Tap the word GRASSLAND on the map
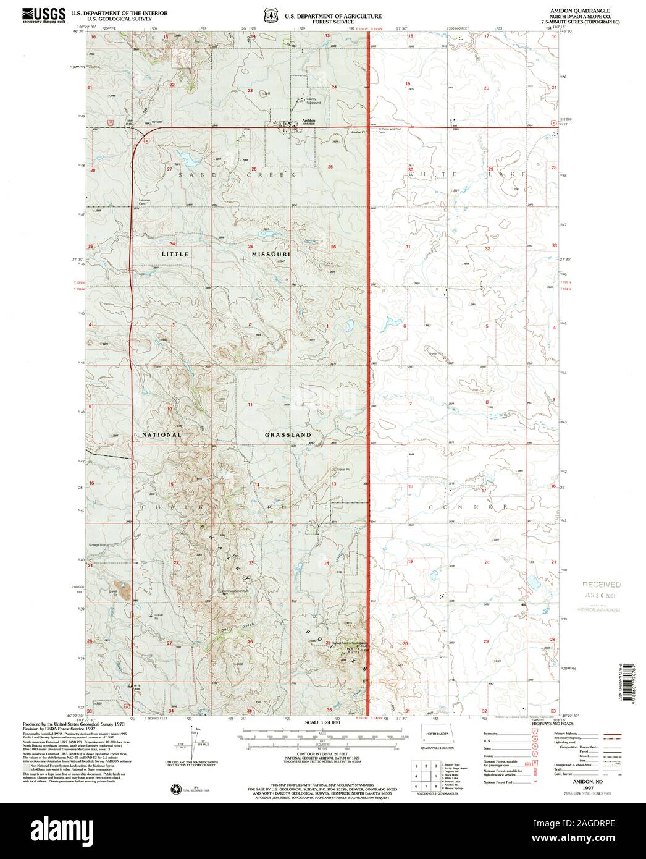click(x=288, y=435)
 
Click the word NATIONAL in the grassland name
click(x=162, y=434)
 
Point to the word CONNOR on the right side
click(x=468, y=507)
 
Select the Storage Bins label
click(x=98, y=544)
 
